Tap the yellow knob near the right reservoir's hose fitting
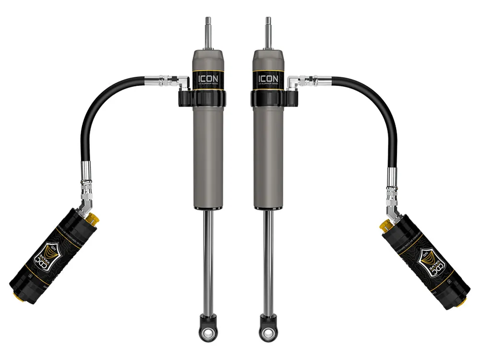[384, 224]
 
